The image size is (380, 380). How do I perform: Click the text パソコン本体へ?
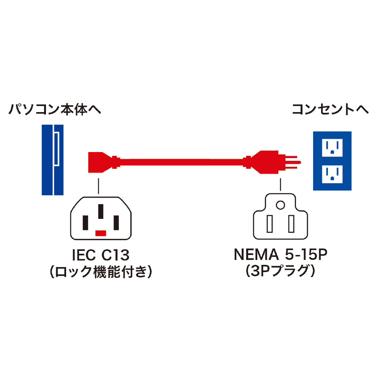point(55,110)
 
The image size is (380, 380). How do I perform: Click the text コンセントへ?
point(330,110)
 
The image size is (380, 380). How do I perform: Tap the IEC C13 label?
point(100,254)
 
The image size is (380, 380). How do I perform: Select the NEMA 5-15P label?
point(280,254)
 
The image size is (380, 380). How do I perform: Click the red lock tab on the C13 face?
point(100,233)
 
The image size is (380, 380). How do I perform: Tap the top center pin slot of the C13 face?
point(100,211)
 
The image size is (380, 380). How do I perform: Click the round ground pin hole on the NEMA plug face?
point(280,206)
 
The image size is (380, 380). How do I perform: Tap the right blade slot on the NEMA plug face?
point(291,224)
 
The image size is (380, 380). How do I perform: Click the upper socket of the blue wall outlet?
point(332,148)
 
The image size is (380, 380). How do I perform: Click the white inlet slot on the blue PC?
point(56,149)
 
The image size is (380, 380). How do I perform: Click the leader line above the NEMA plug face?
point(280,185)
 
